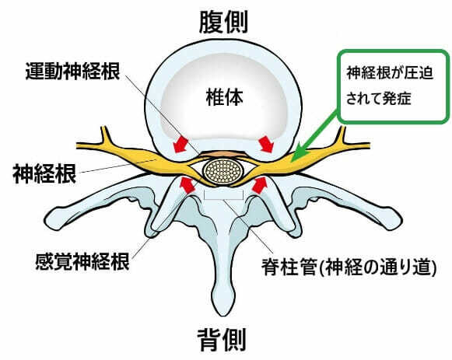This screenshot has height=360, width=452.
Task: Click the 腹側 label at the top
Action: click(223, 23)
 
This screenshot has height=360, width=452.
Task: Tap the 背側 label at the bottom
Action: click(222, 340)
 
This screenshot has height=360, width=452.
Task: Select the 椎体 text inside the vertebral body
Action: click(225, 97)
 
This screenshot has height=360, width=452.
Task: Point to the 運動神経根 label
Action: click(72, 71)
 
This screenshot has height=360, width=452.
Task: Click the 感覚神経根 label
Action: click(82, 261)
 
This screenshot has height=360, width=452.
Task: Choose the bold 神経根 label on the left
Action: click(44, 173)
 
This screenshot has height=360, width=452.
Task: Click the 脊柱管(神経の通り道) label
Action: click(349, 267)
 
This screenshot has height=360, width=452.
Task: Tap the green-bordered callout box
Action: click(393, 86)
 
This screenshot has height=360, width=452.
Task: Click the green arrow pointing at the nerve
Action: click(316, 134)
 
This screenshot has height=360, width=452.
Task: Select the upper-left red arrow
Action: click(180, 144)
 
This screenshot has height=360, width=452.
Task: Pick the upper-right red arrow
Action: click(266, 144)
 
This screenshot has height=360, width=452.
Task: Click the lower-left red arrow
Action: click(187, 185)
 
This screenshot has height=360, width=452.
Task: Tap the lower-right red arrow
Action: click(259, 185)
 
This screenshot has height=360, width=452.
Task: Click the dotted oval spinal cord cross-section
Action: click(222, 172)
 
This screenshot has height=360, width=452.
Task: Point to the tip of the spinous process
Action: click(222, 312)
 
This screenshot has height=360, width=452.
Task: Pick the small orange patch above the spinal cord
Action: click(223, 155)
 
